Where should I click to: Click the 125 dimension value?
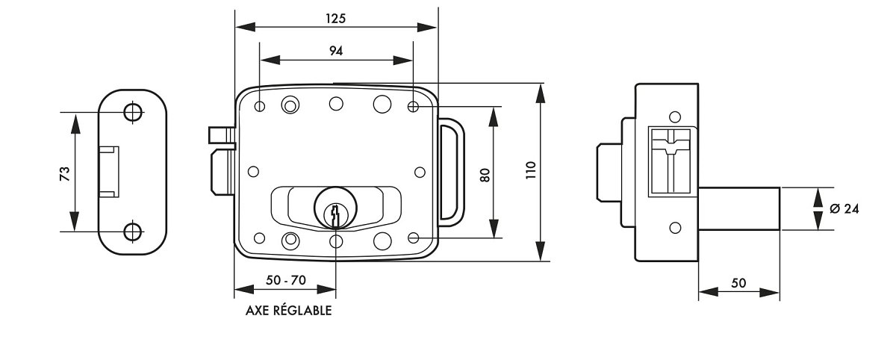(335, 19)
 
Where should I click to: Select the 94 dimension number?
(336, 51)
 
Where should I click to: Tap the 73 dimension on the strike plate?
(65, 173)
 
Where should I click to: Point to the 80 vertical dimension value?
(485, 176)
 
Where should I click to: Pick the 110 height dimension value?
(530, 170)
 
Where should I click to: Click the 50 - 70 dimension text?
(285, 280)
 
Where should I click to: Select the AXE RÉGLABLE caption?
(288, 311)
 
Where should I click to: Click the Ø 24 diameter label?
(844, 208)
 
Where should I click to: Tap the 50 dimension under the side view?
(738, 283)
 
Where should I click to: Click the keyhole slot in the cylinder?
(335, 215)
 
